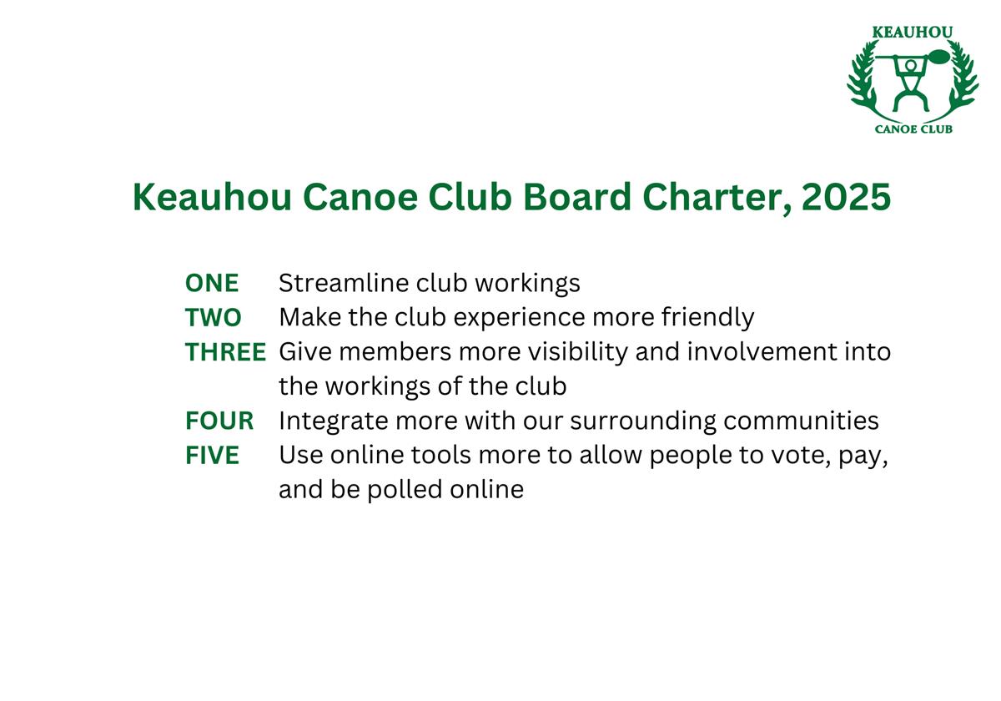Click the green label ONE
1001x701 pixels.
pyautogui.click(x=212, y=283)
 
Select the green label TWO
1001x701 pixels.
pyautogui.click(x=214, y=317)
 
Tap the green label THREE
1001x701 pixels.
pyautogui.click(x=226, y=352)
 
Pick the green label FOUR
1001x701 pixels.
pyautogui.click(x=219, y=421)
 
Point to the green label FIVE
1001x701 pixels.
pyautogui.click(x=212, y=455)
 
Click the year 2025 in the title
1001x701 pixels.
pyautogui.click(x=847, y=197)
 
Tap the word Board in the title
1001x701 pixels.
pyautogui.click(x=577, y=197)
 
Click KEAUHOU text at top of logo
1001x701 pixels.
pyautogui.click(x=913, y=33)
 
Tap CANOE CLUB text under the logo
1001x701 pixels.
pyautogui.click(x=913, y=129)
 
